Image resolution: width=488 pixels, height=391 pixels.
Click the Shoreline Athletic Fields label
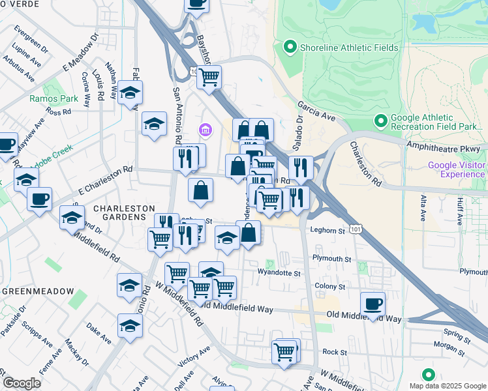coord(339,47)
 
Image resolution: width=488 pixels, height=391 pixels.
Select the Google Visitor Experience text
coord(457,169)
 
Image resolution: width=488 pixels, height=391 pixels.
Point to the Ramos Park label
coord(45,99)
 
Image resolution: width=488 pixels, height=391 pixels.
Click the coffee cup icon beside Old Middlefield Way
coord(373,304)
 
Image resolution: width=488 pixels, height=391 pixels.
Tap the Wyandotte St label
coord(279,272)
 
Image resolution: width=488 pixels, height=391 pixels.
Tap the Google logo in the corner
coord(22,383)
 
